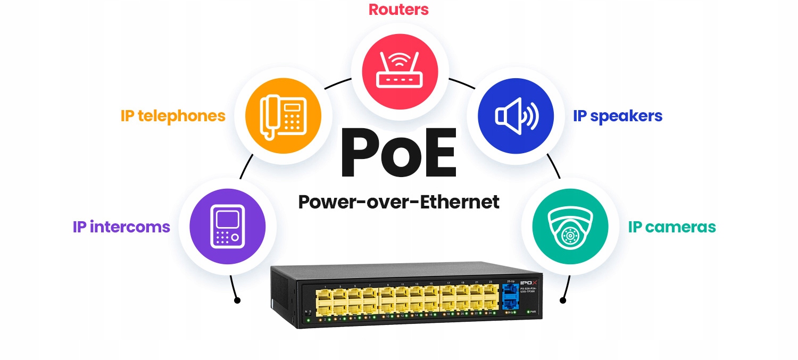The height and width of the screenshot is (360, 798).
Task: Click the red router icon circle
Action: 400,70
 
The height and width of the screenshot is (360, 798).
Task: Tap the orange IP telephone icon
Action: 283,115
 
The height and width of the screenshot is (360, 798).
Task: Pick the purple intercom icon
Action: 227,227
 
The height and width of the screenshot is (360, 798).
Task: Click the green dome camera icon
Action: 570,227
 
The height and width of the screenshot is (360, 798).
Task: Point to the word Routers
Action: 398,9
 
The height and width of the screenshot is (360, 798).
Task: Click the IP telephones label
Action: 173,116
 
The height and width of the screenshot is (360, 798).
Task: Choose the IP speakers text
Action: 618,116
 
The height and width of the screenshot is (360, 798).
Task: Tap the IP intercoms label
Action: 121,227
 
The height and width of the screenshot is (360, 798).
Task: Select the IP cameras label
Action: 672,227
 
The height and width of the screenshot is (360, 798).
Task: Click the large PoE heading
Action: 398,154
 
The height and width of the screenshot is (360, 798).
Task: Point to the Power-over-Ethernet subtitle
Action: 398,202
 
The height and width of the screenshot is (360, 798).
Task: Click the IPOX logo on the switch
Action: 528,282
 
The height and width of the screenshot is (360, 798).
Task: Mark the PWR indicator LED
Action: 528,312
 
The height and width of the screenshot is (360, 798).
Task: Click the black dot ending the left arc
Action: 237,300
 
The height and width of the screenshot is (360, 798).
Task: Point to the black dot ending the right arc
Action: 563,300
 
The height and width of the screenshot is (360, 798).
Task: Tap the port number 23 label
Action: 491,281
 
